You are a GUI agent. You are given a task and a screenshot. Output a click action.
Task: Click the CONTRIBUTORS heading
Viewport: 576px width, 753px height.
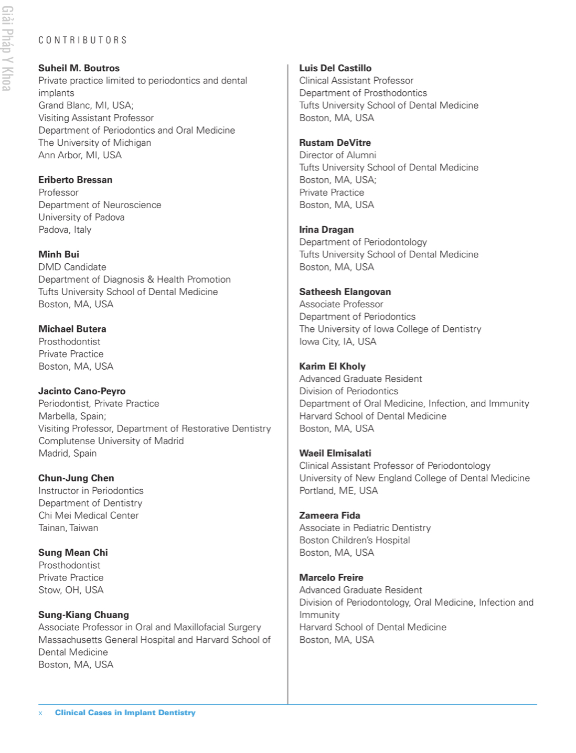click(82, 40)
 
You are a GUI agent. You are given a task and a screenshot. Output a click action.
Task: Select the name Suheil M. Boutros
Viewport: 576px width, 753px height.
click(79, 68)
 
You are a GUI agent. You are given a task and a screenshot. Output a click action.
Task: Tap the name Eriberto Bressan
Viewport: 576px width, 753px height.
click(75, 180)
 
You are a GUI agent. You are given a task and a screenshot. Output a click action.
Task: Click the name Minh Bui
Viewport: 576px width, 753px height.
click(59, 254)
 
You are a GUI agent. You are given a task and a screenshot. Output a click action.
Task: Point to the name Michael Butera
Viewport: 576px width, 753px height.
click(72, 329)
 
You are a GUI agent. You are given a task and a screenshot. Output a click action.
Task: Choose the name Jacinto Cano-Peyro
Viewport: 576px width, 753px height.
click(82, 391)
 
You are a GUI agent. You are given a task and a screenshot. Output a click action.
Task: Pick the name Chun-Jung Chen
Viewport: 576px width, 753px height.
click(76, 478)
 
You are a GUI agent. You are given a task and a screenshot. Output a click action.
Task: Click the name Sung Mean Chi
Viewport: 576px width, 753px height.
click(73, 553)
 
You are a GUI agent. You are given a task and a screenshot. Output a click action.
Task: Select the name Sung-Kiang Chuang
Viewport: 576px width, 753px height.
click(83, 615)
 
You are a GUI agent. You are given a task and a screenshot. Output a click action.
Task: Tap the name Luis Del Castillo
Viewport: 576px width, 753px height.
click(335, 68)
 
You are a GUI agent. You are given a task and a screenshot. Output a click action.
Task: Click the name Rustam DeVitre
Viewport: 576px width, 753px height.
click(335, 143)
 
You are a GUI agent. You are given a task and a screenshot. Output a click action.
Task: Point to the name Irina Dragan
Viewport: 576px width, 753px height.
click(326, 230)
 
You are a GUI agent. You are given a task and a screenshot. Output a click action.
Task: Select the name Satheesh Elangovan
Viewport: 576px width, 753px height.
click(345, 292)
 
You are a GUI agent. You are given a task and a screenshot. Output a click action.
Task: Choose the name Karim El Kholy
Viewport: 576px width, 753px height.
click(332, 367)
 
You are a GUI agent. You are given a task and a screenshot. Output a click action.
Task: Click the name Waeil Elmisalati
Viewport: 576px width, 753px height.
click(335, 453)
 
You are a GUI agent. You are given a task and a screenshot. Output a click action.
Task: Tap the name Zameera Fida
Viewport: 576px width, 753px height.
click(329, 515)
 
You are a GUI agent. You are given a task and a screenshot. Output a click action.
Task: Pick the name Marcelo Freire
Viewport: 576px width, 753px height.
click(331, 577)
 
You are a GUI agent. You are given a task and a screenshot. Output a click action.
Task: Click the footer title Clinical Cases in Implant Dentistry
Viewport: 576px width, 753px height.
click(125, 713)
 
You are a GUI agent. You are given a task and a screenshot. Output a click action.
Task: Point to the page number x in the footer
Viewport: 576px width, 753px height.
click(40, 713)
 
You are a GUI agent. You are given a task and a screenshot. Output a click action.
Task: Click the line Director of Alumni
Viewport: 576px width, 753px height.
click(337, 155)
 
